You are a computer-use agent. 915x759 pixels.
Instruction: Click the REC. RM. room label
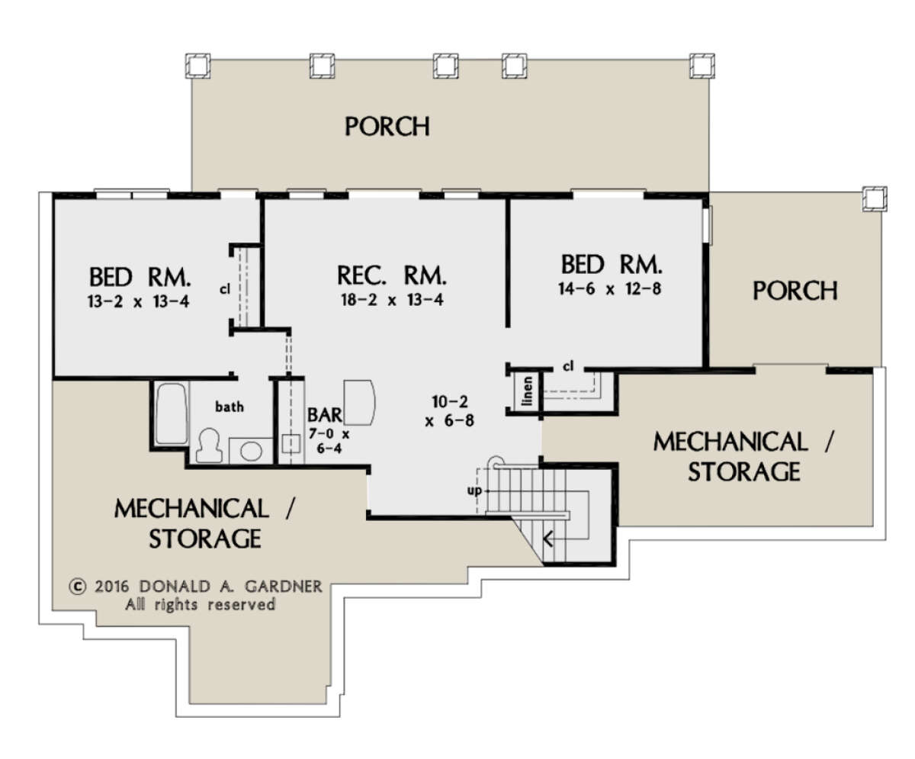(x=392, y=276)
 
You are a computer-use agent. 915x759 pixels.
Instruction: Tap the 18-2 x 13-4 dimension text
(x=392, y=300)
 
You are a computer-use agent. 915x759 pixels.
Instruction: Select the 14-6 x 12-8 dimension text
(x=609, y=289)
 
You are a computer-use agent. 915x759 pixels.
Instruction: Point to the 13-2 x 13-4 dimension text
(x=138, y=301)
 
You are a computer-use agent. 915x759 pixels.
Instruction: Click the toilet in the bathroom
(x=209, y=445)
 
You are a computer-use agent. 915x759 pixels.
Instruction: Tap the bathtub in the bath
(x=172, y=414)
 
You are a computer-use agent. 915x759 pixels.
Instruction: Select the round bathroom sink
(x=251, y=451)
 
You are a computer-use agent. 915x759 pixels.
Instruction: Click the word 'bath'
(x=230, y=407)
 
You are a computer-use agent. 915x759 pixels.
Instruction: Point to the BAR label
(x=325, y=415)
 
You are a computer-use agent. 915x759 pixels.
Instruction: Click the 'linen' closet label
(x=528, y=391)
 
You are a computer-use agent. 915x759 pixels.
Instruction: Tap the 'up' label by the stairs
(x=474, y=490)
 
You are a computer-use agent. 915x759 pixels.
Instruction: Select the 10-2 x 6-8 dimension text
(x=450, y=411)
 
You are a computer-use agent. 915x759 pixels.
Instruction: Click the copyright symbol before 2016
(x=78, y=587)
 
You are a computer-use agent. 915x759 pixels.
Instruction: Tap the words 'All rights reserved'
(x=201, y=605)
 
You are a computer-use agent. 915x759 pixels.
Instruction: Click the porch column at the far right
(x=875, y=199)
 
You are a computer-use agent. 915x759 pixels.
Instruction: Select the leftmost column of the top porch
(x=197, y=66)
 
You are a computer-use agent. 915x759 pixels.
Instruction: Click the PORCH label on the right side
(x=795, y=291)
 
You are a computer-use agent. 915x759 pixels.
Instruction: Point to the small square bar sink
(x=291, y=443)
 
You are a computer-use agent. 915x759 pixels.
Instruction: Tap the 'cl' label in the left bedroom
(x=225, y=289)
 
